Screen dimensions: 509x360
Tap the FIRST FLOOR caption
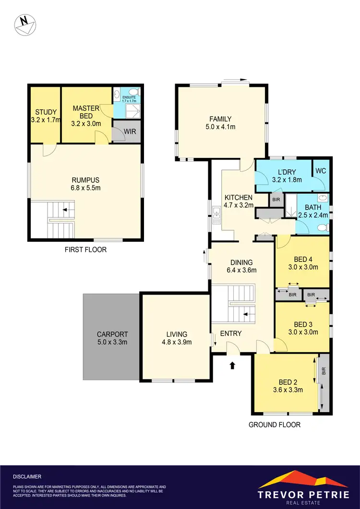click(85, 250)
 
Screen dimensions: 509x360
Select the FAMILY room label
click(220, 119)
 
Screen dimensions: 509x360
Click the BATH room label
click(312, 207)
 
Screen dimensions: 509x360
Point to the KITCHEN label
click(239, 197)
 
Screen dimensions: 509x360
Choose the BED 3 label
click(303, 324)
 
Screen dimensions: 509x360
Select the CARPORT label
click(111, 334)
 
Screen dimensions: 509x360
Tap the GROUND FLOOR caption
click(275, 425)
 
